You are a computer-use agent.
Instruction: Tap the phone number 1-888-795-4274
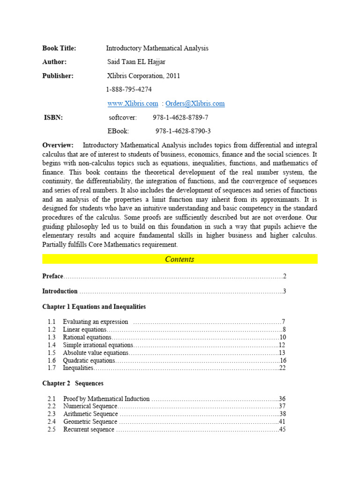[x=129, y=90]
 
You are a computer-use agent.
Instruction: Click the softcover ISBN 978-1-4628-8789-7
[x=180, y=118]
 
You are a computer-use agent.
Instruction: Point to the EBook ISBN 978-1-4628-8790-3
[x=183, y=131]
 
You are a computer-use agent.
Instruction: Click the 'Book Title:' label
[x=59, y=48]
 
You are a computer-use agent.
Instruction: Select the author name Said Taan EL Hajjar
[x=136, y=62]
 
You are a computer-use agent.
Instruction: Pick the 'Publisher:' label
[x=58, y=76]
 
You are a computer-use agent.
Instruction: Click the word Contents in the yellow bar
[x=180, y=259]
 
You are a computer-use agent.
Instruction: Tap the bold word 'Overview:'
[x=58, y=145]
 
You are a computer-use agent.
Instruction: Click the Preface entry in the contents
[x=52, y=277]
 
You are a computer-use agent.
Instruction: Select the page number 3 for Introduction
[x=284, y=292]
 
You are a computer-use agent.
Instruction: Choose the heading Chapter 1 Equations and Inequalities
[x=94, y=307]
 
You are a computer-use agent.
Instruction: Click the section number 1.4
[x=52, y=345]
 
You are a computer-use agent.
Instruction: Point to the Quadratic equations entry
[x=89, y=361]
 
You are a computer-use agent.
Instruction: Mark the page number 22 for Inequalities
[x=282, y=368]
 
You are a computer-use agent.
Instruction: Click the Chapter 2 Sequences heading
[x=73, y=383]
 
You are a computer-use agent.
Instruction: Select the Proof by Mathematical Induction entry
[x=106, y=399]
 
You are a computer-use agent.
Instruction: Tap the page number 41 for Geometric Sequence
[x=282, y=422]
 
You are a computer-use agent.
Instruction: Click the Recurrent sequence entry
[x=89, y=430]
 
